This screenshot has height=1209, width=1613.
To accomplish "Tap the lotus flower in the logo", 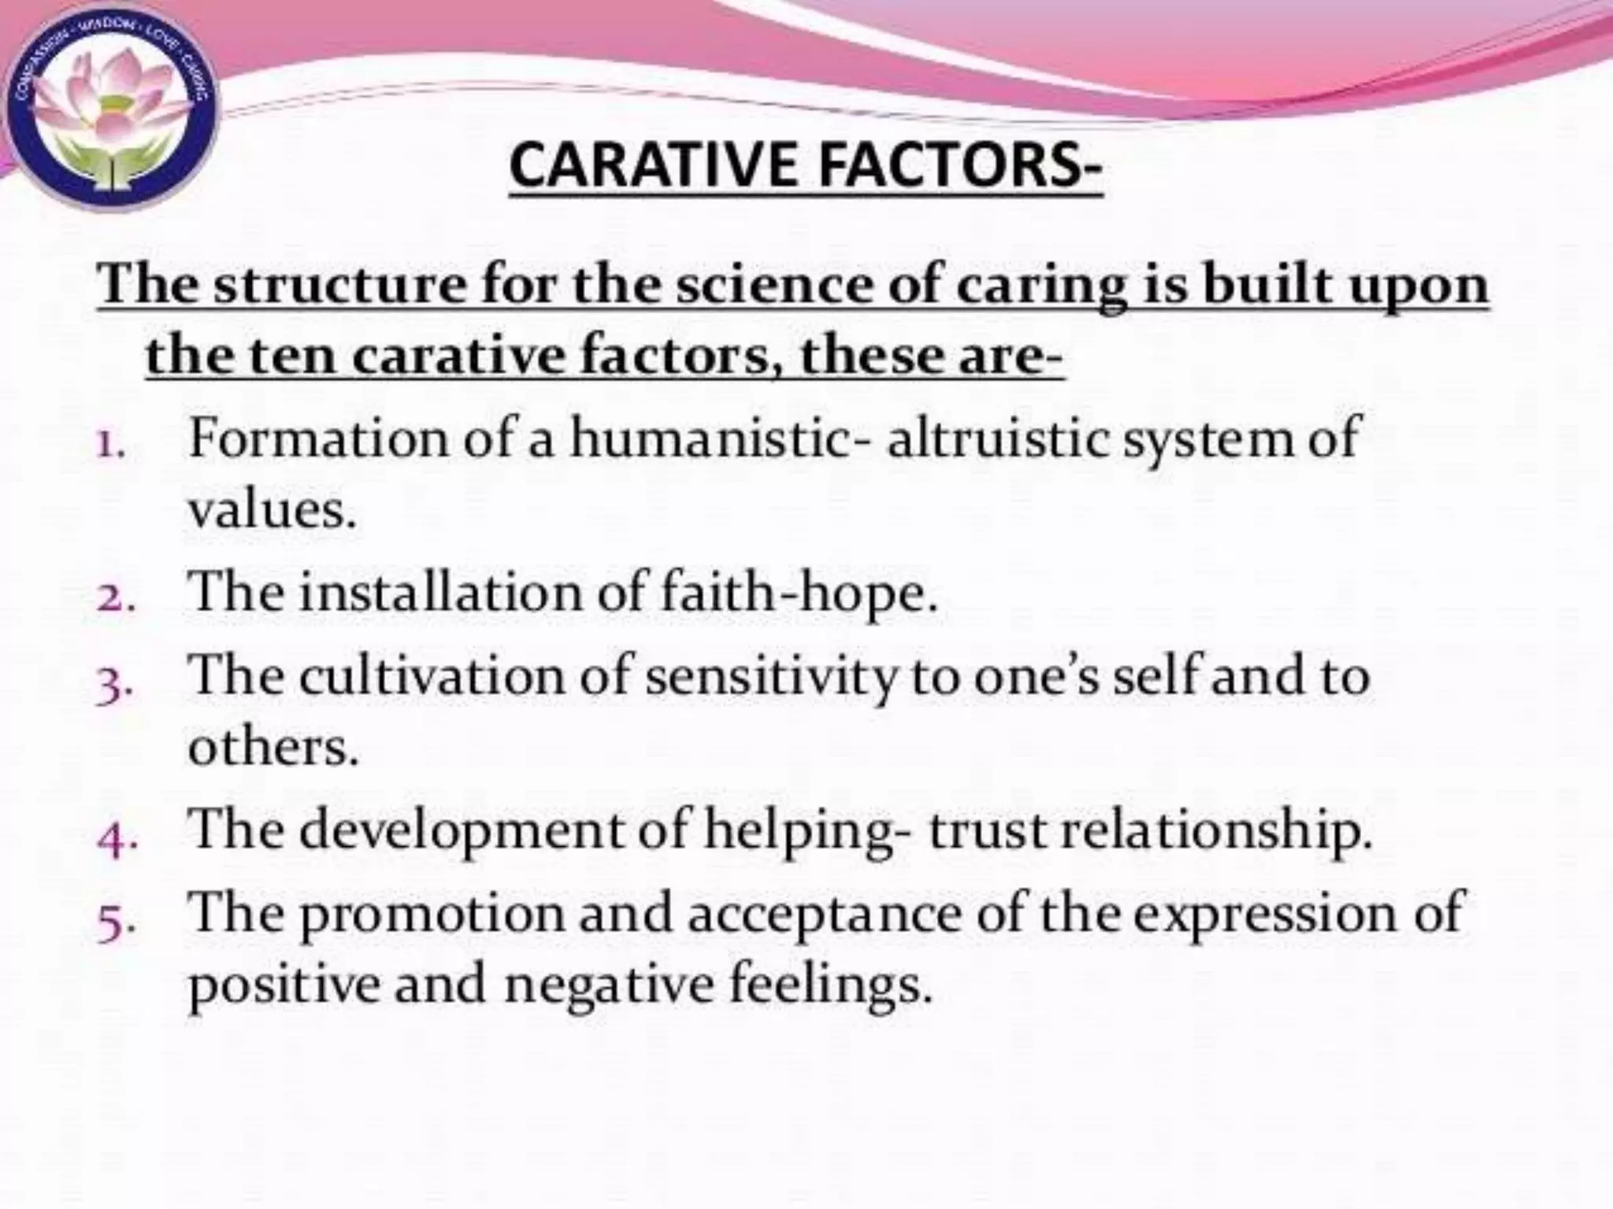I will pyautogui.click(x=110, y=106).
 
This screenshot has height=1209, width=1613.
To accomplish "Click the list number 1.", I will pyautogui.click(x=109, y=446).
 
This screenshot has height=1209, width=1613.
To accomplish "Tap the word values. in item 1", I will pyautogui.click(x=273, y=512).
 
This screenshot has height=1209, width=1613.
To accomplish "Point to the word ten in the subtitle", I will pyautogui.click(x=292, y=357).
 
